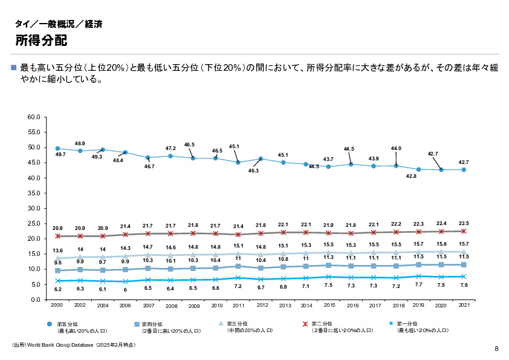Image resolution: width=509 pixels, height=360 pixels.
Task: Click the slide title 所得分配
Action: tap(41, 41)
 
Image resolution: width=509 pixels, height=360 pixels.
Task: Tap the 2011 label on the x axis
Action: tap(239, 305)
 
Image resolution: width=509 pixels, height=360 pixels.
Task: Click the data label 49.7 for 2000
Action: tap(60, 155)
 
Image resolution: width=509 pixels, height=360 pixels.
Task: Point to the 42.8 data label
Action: tap(411, 175)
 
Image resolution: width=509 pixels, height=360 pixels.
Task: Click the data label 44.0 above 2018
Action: tap(397, 148)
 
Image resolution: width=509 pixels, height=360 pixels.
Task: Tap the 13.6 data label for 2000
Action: tap(58, 250)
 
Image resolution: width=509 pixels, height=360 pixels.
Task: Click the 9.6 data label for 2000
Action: tap(58, 263)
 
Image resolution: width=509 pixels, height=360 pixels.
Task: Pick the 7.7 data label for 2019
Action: tap(418, 284)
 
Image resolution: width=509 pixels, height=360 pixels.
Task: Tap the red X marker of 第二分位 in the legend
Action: tap(305, 324)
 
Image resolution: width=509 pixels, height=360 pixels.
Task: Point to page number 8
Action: tap(496, 349)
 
